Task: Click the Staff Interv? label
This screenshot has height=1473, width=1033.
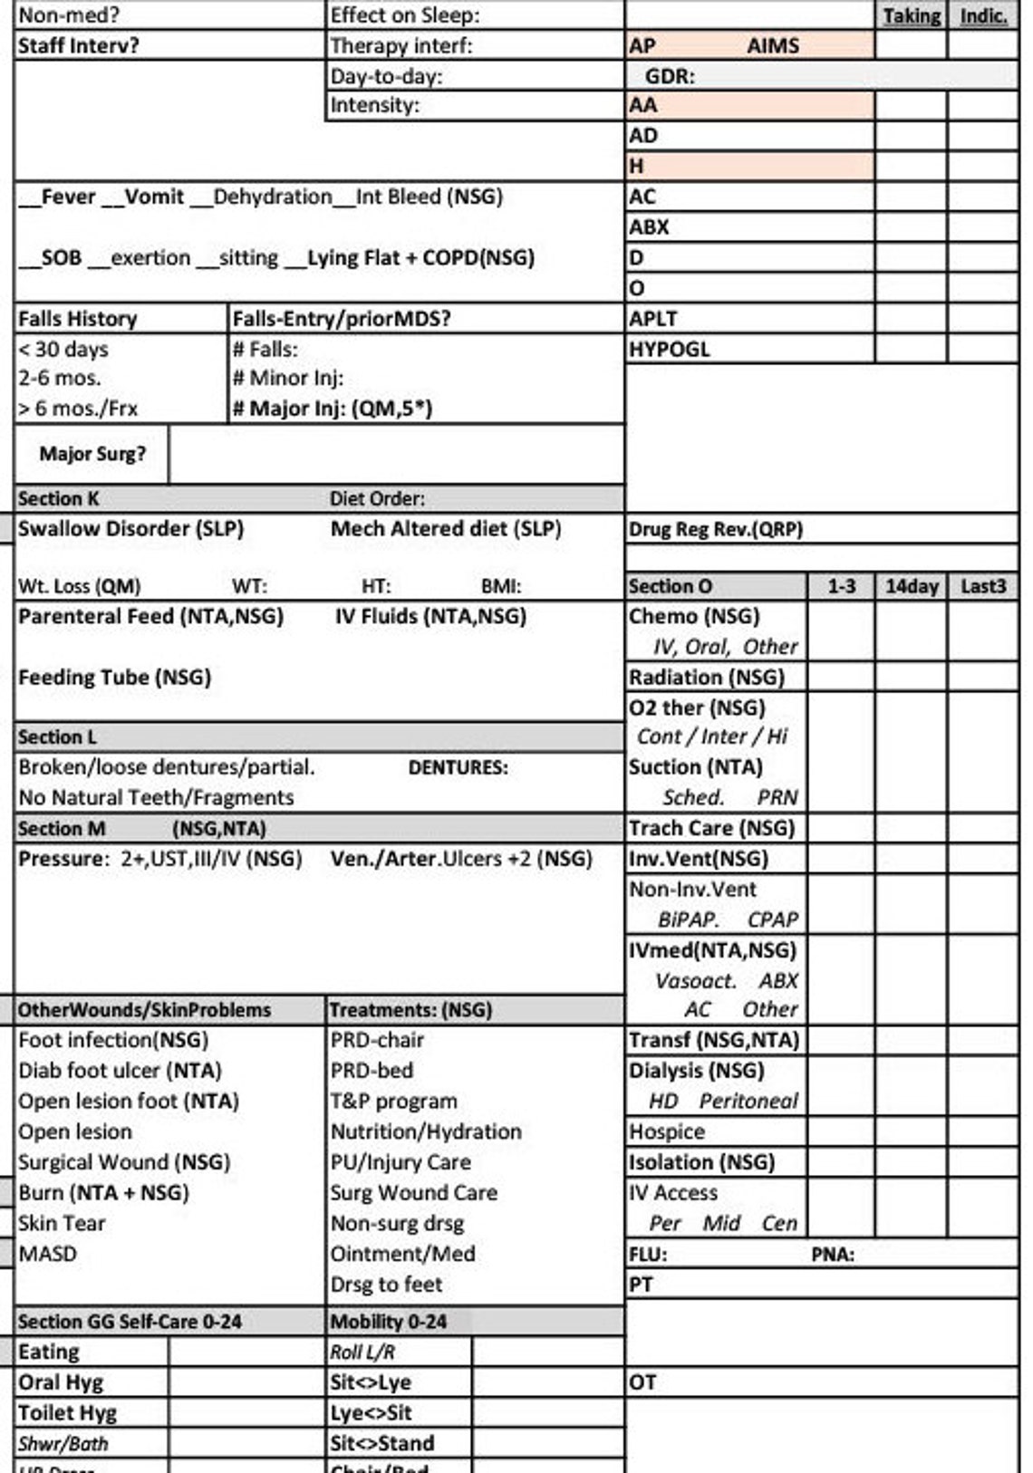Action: (79, 45)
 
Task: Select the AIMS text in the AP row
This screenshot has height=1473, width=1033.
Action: (772, 45)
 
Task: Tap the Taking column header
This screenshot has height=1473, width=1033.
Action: (911, 15)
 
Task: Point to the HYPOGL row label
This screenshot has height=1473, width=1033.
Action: (670, 349)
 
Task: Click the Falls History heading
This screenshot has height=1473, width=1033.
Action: (78, 319)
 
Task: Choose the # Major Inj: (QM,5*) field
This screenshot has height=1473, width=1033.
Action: (332, 409)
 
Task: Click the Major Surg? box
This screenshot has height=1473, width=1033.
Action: (92, 454)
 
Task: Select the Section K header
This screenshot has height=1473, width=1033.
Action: (59, 498)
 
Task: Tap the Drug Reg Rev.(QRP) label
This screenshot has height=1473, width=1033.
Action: (715, 529)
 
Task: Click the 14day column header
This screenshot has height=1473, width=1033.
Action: (911, 586)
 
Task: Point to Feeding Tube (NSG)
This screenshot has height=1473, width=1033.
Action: (114, 678)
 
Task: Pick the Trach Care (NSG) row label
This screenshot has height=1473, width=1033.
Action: (711, 828)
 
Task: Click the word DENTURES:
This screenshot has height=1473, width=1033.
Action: (458, 767)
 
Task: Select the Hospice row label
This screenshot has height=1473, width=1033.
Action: (667, 1131)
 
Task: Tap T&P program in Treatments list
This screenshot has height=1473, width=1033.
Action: (393, 1102)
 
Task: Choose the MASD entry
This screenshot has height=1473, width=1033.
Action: (47, 1254)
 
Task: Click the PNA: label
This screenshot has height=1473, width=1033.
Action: (832, 1255)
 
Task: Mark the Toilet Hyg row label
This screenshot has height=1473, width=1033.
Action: (68, 1412)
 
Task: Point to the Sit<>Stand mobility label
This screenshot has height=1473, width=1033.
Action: (381, 1443)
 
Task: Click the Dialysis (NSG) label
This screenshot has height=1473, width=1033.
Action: (696, 1071)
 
